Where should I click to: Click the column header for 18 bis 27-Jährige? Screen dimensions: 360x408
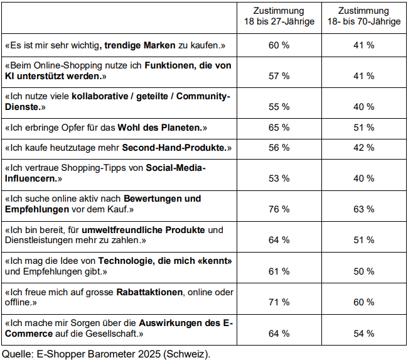(279, 16)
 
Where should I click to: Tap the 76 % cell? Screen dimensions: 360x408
(279, 209)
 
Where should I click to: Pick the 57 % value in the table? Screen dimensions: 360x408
(279, 75)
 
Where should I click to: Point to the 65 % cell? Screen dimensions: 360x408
(279, 128)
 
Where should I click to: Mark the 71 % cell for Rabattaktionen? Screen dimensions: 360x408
(279, 302)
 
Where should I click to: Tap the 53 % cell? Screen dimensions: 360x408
(279, 178)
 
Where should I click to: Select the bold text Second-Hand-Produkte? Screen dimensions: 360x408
(173, 148)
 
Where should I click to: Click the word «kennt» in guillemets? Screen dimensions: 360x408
(208, 260)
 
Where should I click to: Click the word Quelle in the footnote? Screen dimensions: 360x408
(17, 353)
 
